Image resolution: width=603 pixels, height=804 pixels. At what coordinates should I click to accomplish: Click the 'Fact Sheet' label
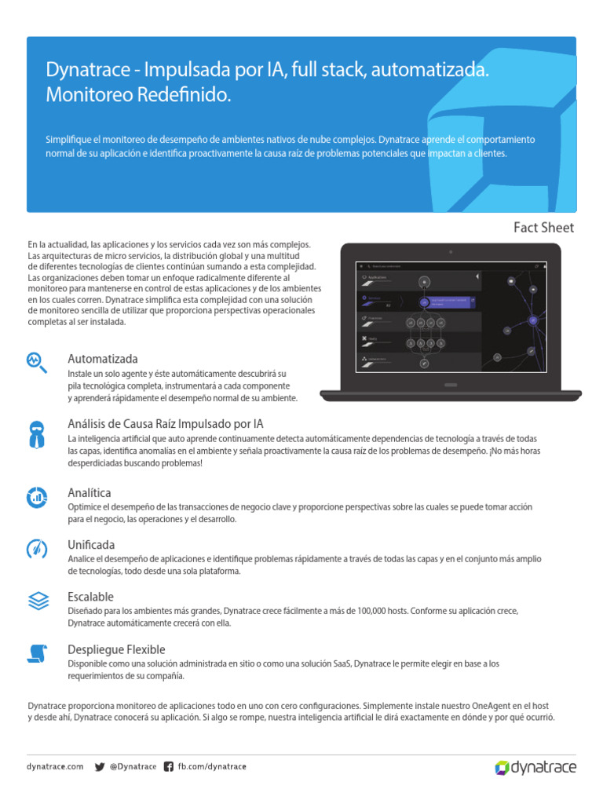pyautogui.click(x=543, y=228)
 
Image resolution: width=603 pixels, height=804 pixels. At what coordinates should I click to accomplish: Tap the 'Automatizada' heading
pyautogui.click(x=103, y=359)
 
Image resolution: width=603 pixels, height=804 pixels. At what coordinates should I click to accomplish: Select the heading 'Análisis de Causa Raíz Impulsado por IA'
pyautogui.click(x=166, y=424)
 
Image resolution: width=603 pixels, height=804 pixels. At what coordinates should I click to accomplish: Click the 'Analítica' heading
pyautogui.click(x=90, y=492)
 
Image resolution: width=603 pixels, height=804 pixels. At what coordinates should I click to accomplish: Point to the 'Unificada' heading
pyautogui.click(x=91, y=544)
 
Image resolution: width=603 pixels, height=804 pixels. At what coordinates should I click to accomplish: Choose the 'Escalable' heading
pyautogui.click(x=90, y=597)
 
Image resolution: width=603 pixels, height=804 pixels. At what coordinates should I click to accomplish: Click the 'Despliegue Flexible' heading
pyautogui.click(x=116, y=649)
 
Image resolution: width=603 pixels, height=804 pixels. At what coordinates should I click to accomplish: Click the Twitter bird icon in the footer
pyautogui.click(x=100, y=766)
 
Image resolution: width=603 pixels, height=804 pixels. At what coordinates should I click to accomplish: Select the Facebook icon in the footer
pyautogui.click(x=168, y=766)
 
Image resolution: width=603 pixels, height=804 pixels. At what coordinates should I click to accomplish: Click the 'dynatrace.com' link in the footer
pyautogui.click(x=55, y=766)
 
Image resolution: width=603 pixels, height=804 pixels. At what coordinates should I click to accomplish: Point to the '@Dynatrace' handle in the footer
pyautogui.click(x=133, y=766)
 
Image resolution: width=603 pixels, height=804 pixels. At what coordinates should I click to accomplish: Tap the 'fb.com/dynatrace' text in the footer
pyautogui.click(x=211, y=766)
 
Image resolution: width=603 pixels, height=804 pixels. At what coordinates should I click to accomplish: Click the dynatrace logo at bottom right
pyautogui.click(x=535, y=767)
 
